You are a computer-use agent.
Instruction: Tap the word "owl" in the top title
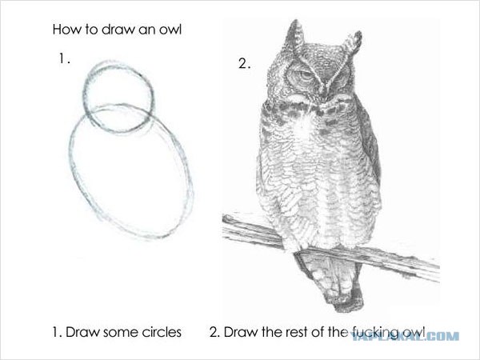coord(170,30)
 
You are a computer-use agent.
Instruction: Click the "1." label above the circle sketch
coord(64,58)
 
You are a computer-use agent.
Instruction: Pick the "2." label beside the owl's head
coord(244,64)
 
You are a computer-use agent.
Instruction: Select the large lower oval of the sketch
coord(70,153)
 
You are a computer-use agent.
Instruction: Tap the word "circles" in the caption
coord(162,332)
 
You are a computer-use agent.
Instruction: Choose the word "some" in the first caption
coord(120,334)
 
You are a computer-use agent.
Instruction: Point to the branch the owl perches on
coord(330,247)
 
